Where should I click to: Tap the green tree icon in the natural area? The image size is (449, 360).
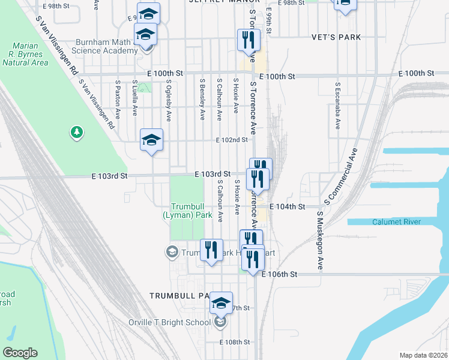click(x=76, y=132)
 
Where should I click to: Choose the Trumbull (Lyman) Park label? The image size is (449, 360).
click(x=188, y=209)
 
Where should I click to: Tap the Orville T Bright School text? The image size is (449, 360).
click(x=173, y=322)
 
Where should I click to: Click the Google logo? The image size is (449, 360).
click(x=20, y=353)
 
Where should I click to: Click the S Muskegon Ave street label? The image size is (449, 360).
click(x=321, y=240)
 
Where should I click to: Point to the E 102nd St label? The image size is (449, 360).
click(x=232, y=140)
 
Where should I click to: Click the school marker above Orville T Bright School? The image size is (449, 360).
click(x=221, y=303)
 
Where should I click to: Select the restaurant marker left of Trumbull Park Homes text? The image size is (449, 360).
click(x=211, y=250)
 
